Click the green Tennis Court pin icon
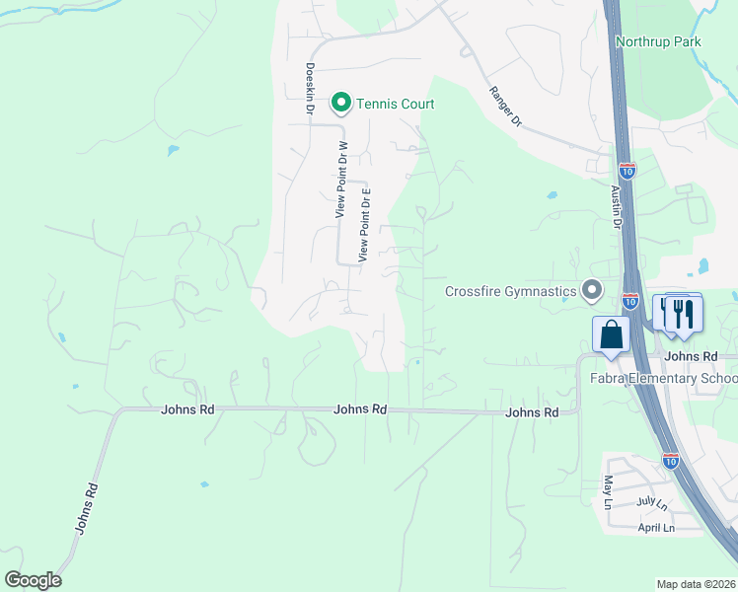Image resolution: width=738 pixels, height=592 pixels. (x=341, y=102)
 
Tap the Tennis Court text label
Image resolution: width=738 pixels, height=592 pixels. (x=396, y=103)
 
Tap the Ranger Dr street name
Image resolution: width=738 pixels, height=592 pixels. (x=504, y=106)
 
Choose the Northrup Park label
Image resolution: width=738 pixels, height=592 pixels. (x=657, y=41)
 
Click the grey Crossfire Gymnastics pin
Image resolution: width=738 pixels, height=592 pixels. (x=591, y=290)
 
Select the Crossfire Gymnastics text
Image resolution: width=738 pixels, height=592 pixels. (x=510, y=291)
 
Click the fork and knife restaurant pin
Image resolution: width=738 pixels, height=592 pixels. (x=683, y=314)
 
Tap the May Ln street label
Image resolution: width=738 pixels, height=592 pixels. (x=608, y=492)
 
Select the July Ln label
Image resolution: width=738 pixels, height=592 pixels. (x=652, y=503)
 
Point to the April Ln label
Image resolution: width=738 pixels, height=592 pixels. (x=655, y=528)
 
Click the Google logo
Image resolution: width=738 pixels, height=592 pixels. (x=33, y=580)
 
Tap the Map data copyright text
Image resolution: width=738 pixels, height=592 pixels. (x=697, y=584)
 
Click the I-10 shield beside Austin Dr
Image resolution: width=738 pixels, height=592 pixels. (x=628, y=170)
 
